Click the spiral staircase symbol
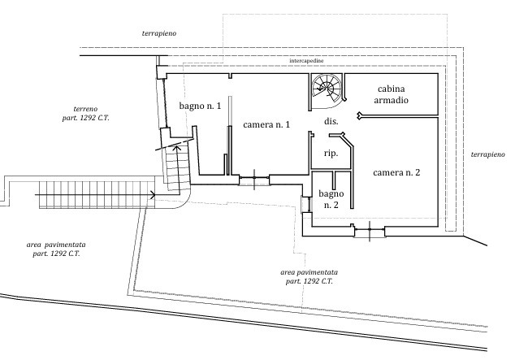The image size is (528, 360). [327, 89]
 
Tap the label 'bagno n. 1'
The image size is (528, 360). [200, 106]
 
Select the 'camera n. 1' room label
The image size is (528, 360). [266, 124]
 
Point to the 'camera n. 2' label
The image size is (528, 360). [396, 172]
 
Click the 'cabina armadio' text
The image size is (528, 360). [392, 94]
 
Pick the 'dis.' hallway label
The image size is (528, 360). [331, 121]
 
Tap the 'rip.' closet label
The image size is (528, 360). [331, 154]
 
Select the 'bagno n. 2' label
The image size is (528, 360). [331, 199]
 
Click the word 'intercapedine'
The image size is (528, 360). [306, 61]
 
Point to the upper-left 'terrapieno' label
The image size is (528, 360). [159, 33]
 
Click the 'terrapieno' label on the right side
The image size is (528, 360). [488, 154]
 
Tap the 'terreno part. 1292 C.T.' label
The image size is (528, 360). [86, 114]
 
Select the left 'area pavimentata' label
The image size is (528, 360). [56, 249]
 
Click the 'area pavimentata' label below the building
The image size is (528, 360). [309, 276]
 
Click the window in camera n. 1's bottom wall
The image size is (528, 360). [254, 180]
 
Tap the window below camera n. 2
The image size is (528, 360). [370, 231]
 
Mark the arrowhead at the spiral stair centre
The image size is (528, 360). [319, 89]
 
